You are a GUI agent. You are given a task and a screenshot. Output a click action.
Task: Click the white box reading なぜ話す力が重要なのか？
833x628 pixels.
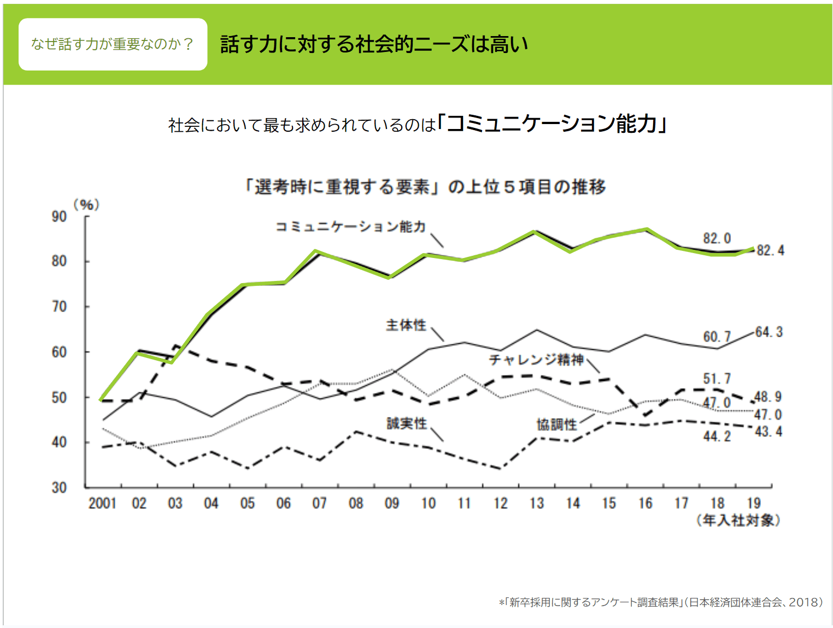click(x=113, y=44)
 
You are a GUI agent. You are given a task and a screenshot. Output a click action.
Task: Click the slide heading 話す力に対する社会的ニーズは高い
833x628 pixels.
click(x=374, y=44)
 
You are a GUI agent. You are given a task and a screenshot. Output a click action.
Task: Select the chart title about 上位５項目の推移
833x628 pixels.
click(x=425, y=187)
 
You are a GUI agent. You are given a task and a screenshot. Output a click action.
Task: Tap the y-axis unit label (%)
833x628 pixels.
click(x=86, y=205)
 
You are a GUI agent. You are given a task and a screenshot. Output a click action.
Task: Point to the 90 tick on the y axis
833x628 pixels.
click(x=59, y=217)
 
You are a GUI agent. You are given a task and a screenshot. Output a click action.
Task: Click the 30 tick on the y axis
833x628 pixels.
click(x=59, y=488)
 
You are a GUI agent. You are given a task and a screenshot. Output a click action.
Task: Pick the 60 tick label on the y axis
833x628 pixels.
click(x=59, y=352)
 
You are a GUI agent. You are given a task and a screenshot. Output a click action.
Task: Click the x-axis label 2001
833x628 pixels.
click(x=102, y=503)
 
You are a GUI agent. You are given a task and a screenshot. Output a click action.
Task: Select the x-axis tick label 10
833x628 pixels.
click(x=428, y=503)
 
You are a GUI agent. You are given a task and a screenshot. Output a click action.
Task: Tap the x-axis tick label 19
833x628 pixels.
click(x=754, y=503)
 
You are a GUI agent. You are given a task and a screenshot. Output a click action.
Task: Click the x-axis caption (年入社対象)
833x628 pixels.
click(x=738, y=520)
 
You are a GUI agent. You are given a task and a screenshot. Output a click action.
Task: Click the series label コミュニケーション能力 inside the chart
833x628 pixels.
click(x=350, y=227)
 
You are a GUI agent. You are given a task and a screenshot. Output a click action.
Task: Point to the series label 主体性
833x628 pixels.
click(x=406, y=325)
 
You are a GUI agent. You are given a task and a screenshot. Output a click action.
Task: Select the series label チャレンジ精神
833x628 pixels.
click(x=536, y=360)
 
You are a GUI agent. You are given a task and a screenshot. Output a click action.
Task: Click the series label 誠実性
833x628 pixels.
click(x=407, y=424)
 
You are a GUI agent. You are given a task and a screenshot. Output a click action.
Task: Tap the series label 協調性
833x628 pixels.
click(x=556, y=425)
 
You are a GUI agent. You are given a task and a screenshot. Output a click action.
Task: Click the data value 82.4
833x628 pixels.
click(x=771, y=251)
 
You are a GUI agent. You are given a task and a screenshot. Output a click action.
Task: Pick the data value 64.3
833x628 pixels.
click(x=769, y=332)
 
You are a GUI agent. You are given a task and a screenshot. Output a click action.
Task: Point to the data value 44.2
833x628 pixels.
click(x=717, y=436)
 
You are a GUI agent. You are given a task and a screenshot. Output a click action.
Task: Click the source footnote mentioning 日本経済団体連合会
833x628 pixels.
click(x=660, y=602)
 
